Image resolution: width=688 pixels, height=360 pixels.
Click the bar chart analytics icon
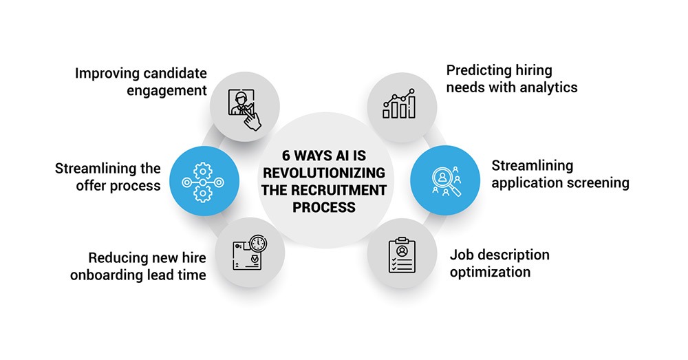click(x=400, y=104)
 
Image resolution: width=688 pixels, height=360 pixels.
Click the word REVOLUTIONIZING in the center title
click(x=324, y=172)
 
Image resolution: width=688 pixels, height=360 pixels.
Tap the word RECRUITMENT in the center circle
click(x=337, y=190)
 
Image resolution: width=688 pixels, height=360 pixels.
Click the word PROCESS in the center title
click(x=324, y=207)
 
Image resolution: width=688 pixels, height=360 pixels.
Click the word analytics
click(x=548, y=87)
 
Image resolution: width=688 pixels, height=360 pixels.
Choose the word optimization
click(x=490, y=272)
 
